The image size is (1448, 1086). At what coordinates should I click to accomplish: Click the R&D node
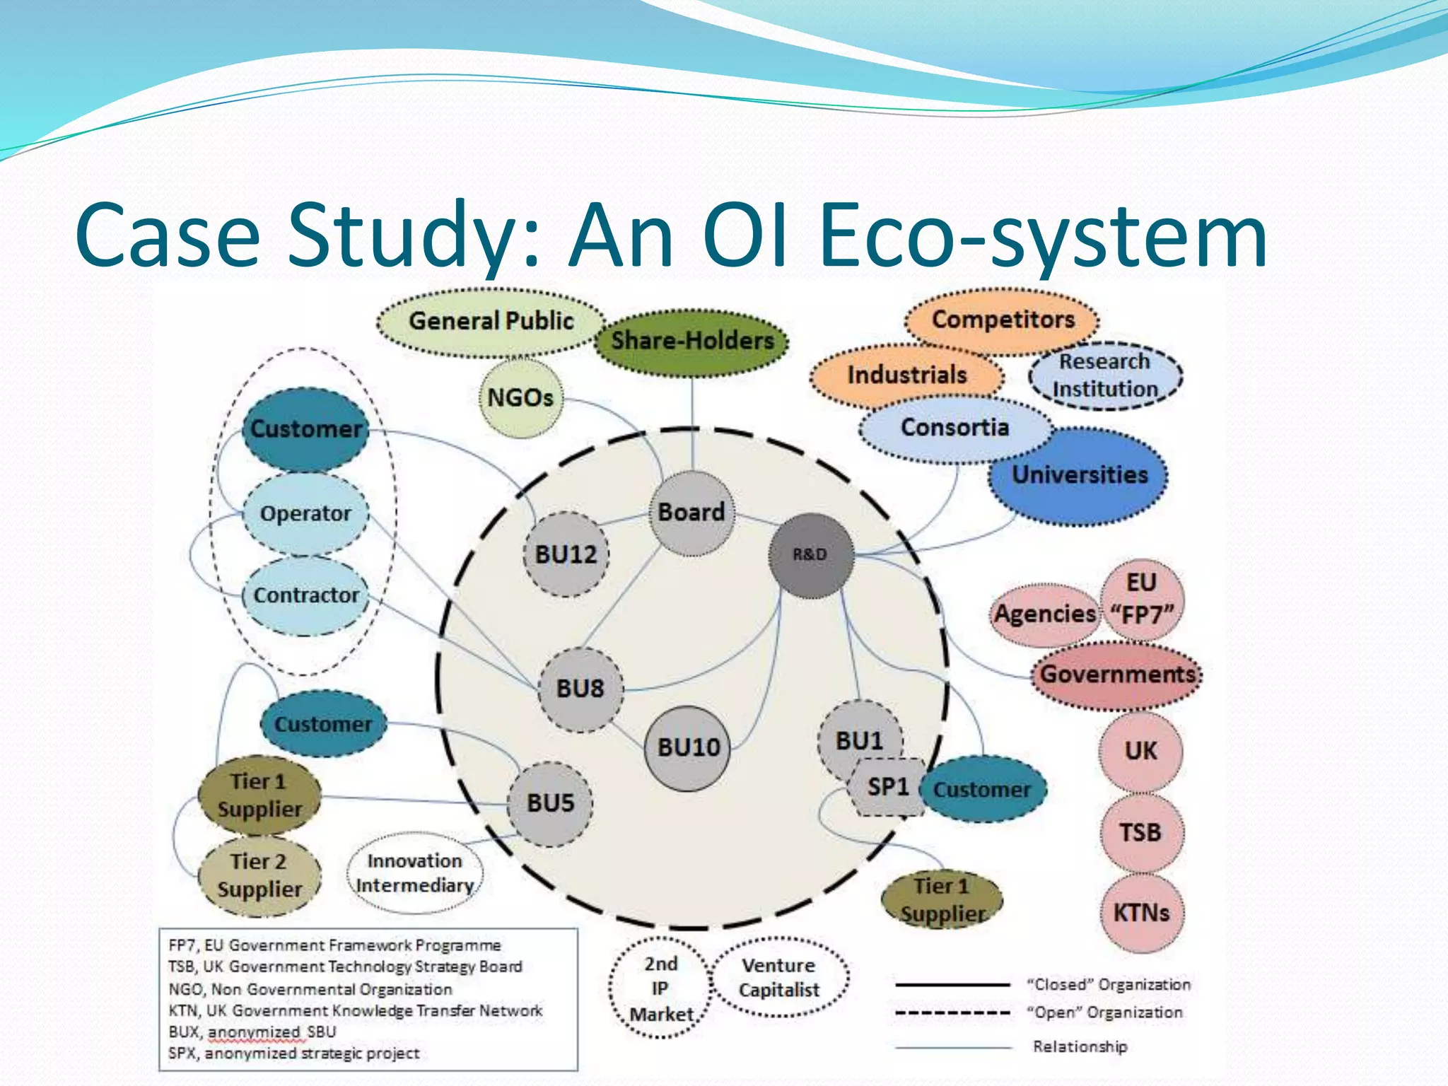[x=810, y=555]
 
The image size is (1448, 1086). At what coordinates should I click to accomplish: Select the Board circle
[x=691, y=513]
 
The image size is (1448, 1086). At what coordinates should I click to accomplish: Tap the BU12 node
[x=566, y=554]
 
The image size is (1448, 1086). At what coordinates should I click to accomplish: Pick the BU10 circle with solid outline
[x=689, y=747]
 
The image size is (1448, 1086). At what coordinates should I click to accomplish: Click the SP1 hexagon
[x=888, y=787]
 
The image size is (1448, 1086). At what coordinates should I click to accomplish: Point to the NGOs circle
[x=520, y=398]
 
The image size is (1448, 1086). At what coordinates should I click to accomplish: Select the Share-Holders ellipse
[x=692, y=341]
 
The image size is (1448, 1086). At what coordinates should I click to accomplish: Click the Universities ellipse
[x=1080, y=475]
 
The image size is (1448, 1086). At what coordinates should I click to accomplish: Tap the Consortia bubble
[x=954, y=428]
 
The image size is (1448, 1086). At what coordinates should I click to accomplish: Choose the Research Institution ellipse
[x=1105, y=375]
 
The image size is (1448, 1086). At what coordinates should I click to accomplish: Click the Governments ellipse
[x=1117, y=675]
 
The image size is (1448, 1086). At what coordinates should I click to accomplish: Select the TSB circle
[x=1140, y=832]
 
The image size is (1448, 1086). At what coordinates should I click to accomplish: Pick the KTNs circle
[x=1141, y=913]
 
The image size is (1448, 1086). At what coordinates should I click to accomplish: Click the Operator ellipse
[x=305, y=514]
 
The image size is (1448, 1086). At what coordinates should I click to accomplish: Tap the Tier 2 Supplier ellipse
[x=259, y=875]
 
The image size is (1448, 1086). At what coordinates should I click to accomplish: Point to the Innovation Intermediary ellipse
[x=414, y=873]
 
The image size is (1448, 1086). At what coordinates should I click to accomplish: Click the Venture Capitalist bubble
[x=778, y=978]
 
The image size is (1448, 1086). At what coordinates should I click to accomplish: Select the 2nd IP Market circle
[x=660, y=988]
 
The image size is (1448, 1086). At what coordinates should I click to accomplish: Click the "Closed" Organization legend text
[x=1109, y=984]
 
